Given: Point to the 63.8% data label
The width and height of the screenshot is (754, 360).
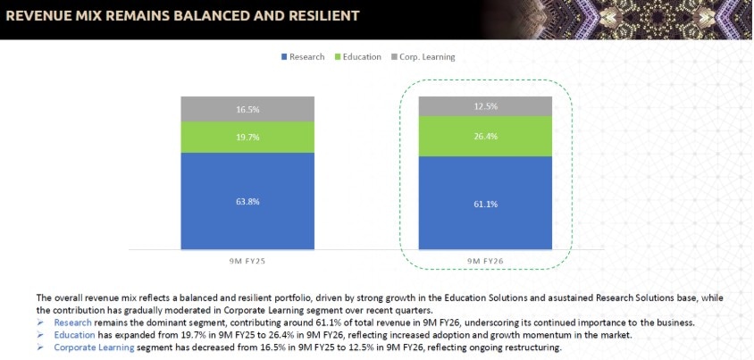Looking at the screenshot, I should point(247,202).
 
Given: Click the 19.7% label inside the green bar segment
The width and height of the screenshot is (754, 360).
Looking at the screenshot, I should point(247,138).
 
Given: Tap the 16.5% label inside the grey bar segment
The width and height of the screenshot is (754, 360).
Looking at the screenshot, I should point(247,109).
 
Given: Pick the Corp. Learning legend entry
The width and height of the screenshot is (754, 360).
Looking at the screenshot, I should point(423,57).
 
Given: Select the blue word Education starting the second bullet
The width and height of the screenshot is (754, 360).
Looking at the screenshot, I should point(74,335).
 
